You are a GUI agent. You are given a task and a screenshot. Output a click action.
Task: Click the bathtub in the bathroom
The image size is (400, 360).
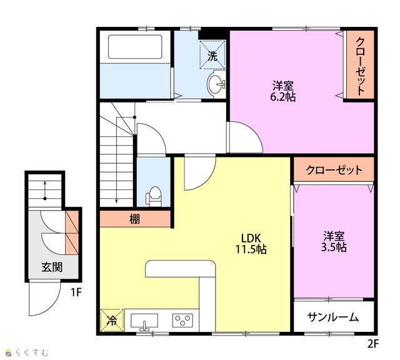(x=135, y=47)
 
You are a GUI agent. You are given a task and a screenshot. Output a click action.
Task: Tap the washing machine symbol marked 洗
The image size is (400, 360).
(x=212, y=54)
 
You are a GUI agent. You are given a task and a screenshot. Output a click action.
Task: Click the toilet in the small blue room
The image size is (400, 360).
(x=154, y=196)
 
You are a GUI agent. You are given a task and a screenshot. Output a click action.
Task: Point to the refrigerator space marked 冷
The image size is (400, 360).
(x=112, y=320)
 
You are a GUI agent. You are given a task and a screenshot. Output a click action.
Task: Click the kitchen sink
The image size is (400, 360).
(x=144, y=321)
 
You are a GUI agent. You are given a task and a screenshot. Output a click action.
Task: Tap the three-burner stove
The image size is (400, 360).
(x=182, y=320)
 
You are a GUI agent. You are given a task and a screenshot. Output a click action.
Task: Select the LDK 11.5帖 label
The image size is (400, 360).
(x=251, y=244)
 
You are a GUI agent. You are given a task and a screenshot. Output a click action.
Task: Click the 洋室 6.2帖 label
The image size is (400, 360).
(x=283, y=91)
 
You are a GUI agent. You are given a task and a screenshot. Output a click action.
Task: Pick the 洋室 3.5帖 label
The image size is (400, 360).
(x=334, y=241)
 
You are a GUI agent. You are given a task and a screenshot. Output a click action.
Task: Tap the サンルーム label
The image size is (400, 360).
(x=333, y=317)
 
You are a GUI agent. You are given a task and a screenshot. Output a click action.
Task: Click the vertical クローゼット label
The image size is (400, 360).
(x=360, y=66)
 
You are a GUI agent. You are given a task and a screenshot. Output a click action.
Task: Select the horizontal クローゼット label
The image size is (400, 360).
(x=334, y=170)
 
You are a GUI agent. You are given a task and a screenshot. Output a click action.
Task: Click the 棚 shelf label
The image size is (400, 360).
(x=135, y=219)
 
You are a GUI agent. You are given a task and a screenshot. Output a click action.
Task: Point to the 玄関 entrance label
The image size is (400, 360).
(x=52, y=267)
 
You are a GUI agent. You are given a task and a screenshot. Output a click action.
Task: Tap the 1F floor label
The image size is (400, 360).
(x=76, y=292)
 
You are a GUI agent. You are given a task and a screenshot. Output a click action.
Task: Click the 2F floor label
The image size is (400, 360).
(x=373, y=344)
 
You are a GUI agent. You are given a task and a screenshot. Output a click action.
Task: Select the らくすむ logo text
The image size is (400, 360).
(x=32, y=352)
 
